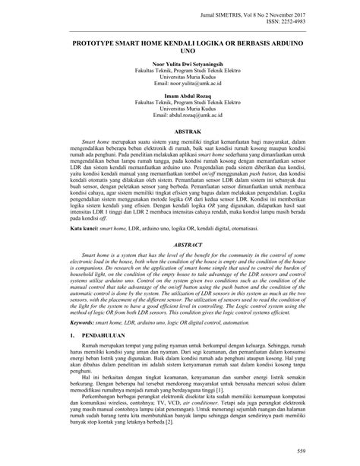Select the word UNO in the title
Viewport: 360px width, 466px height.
pos(180,55)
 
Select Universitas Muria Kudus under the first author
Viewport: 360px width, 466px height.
pos(180,84)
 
